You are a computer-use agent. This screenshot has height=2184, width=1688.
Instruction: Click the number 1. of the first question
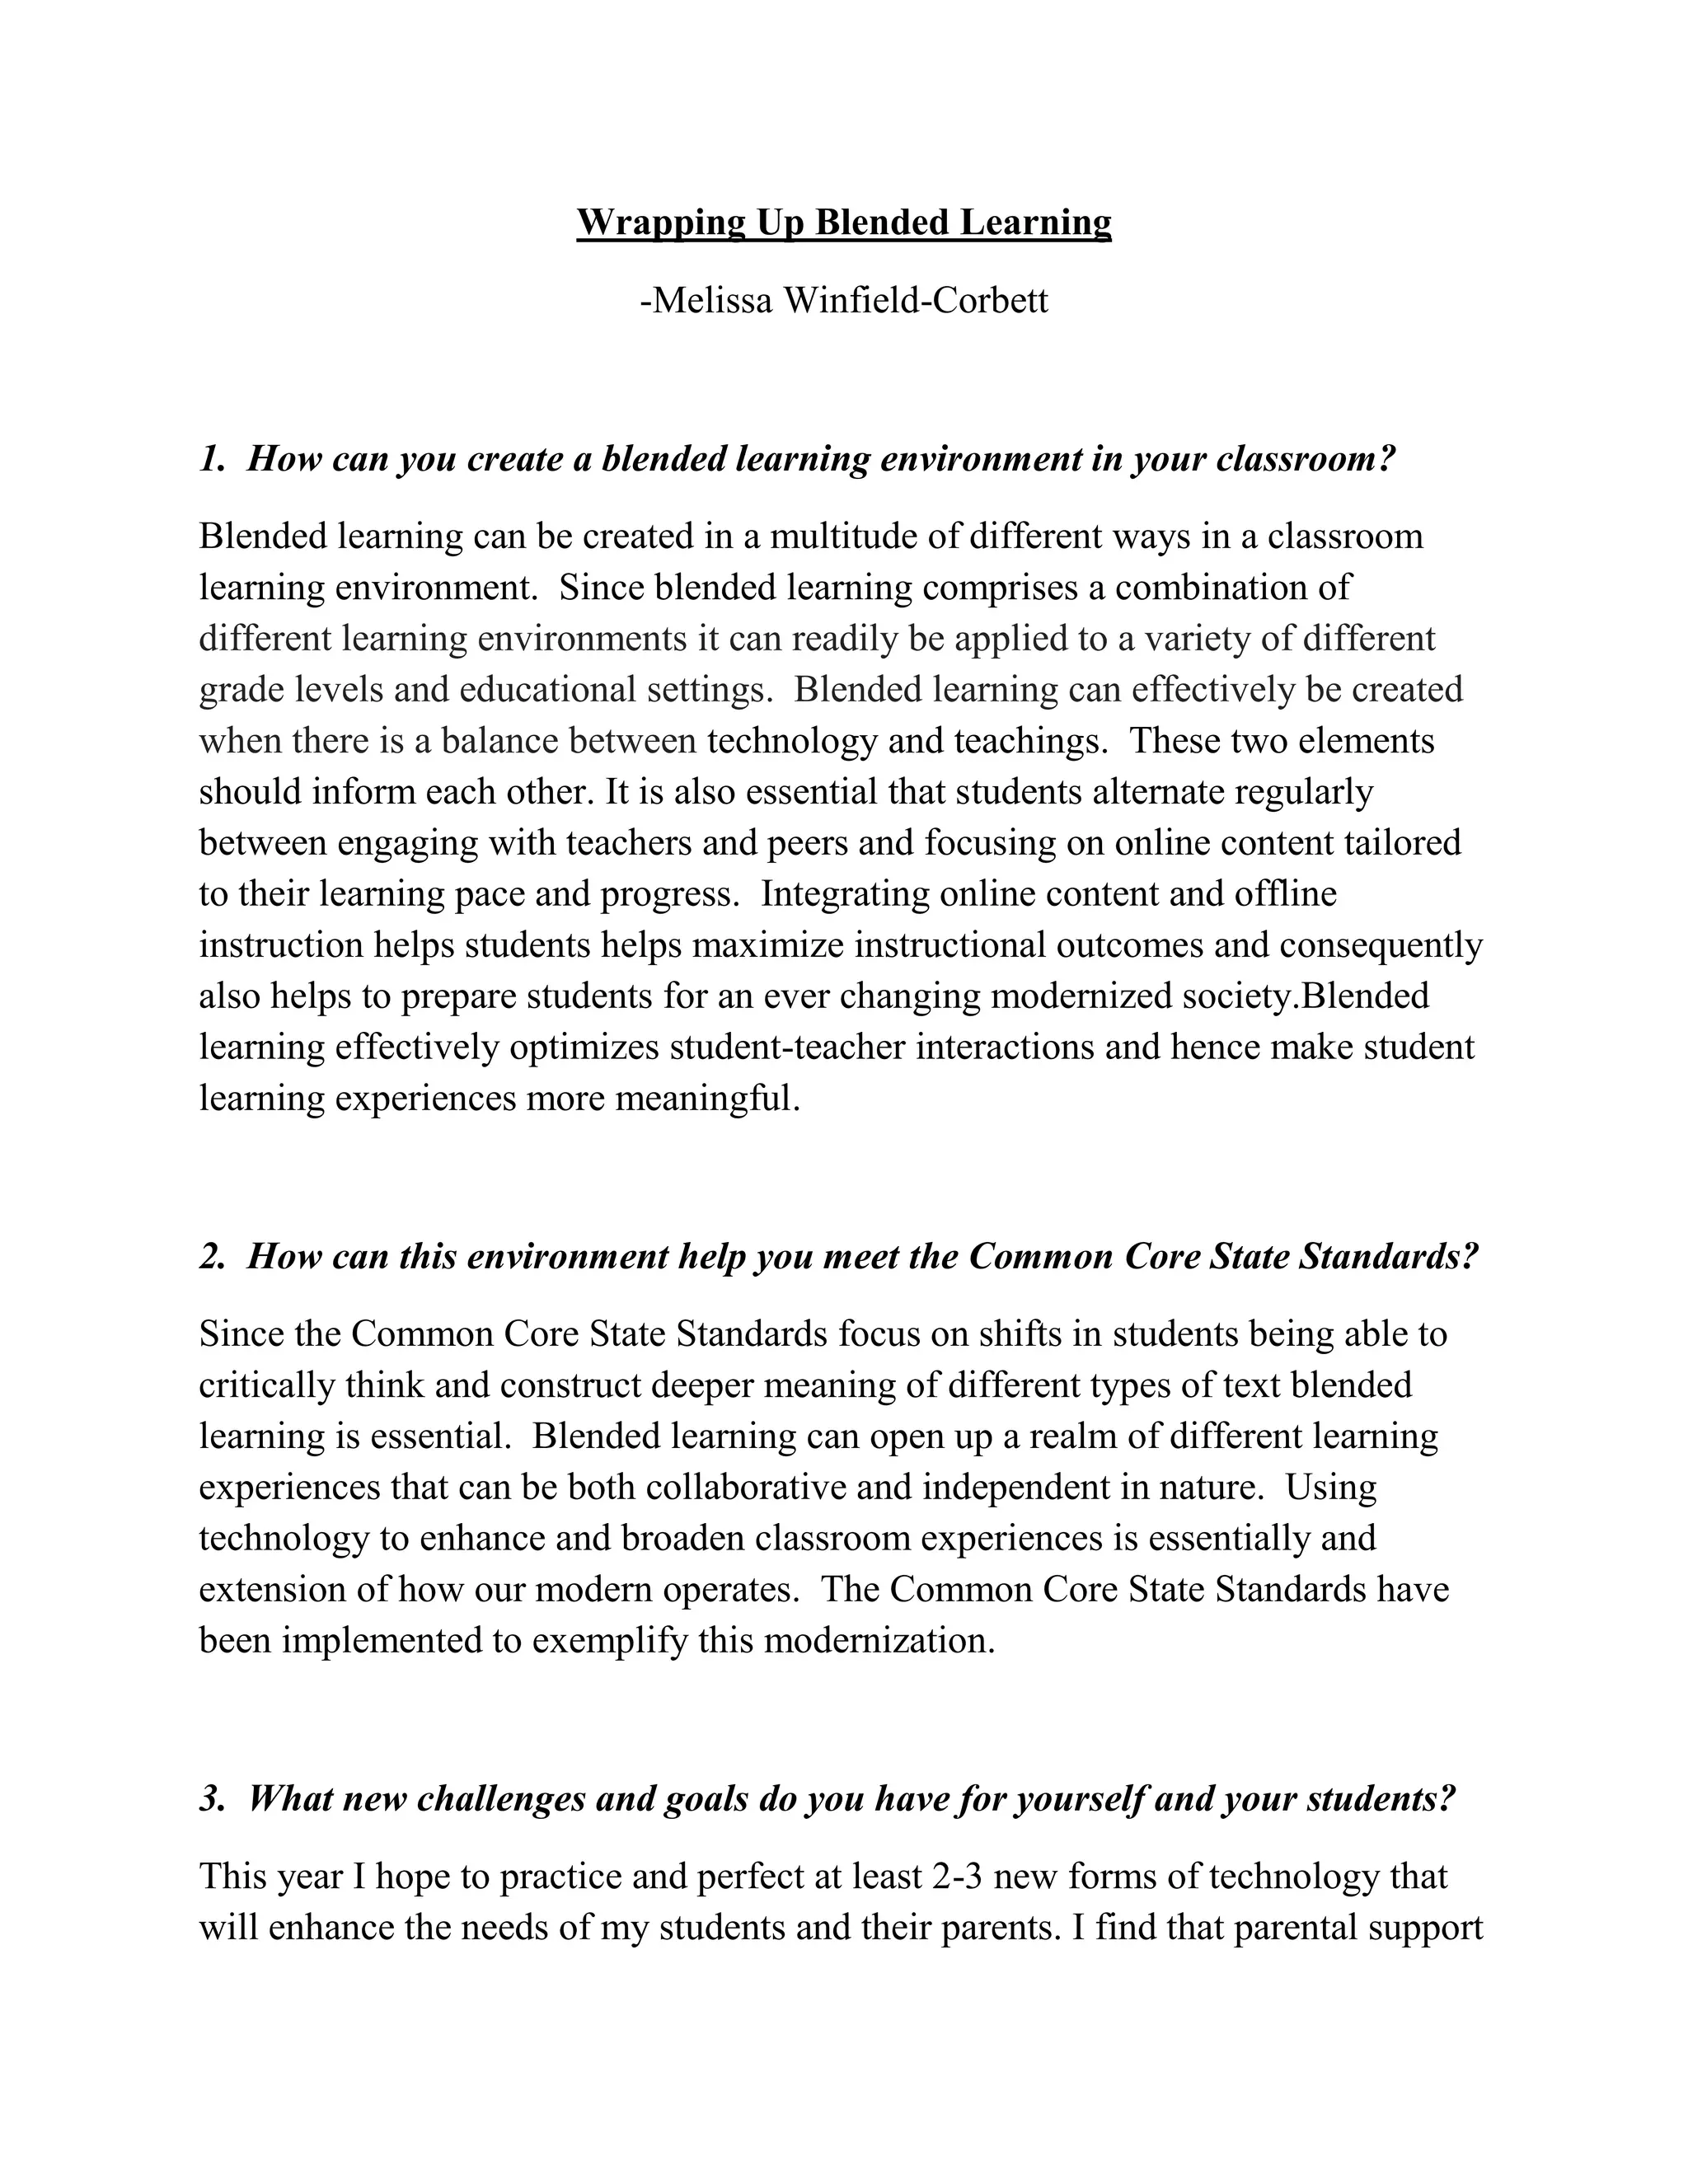pos(212,459)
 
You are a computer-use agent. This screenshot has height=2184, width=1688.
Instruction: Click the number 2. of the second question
pos(212,1256)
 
